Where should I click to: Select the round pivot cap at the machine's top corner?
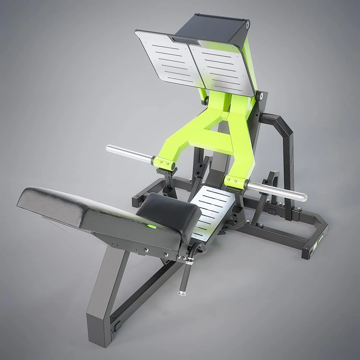click(248, 24)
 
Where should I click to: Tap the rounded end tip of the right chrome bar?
click(305, 197)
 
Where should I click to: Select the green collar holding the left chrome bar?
click(164, 163)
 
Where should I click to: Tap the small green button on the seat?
click(151, 226)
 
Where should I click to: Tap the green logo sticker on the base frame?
click(319, 238)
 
